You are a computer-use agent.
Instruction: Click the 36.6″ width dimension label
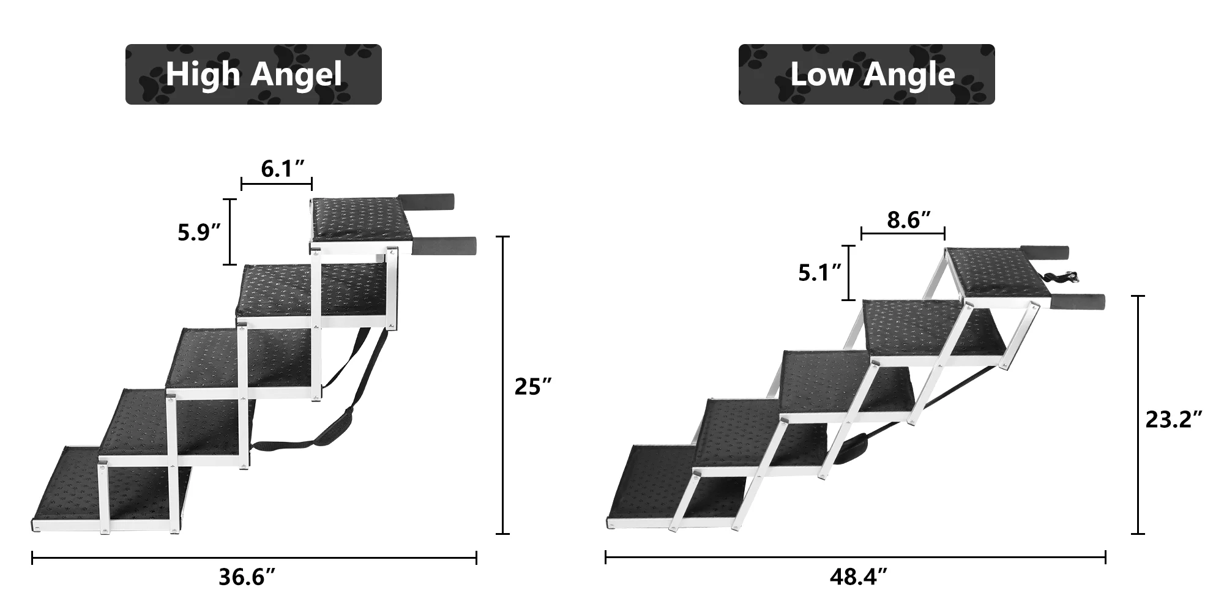coord(247,577)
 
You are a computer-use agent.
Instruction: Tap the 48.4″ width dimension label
coord(859,577)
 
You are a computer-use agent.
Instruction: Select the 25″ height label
coord(533,387)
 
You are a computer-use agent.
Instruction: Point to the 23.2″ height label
coord(1174,420)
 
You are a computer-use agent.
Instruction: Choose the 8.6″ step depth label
coord(909,220)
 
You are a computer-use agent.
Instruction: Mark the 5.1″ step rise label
coord(819,273)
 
